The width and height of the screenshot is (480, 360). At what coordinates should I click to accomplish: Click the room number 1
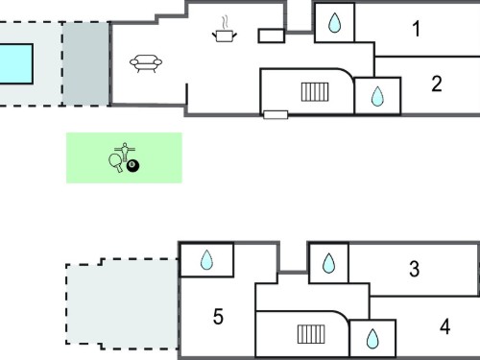click(417, 29)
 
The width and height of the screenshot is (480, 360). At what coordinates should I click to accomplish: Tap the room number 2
click(437, 84)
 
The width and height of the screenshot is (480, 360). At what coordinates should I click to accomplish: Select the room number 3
click(414, 269)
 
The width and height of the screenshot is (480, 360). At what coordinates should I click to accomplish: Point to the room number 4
click(445, 326)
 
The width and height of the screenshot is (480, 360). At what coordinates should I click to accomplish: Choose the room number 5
click(218, 317)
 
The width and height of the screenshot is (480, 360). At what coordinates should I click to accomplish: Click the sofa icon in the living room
click(146, 63)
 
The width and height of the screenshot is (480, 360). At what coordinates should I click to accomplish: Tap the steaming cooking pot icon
click(225, 29)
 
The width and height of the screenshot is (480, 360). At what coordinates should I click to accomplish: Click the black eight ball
click(132, 166)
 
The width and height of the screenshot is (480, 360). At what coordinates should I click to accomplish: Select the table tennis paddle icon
click(115, 162)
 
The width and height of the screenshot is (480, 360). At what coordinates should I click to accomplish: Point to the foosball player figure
click(125, 152)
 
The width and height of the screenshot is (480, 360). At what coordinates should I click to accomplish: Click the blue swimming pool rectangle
click(16, 64)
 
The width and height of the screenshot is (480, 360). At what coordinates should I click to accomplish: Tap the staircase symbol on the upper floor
click(315, 92)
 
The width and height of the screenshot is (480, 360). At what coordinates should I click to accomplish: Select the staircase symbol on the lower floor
click(311, 334)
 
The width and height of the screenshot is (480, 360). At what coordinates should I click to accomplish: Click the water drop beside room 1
click(335, 23)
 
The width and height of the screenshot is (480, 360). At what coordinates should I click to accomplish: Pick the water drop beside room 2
click(377, 96)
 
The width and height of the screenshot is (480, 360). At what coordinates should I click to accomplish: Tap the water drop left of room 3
click(328, 263)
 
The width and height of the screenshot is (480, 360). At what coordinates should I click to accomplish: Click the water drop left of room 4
click(372, 339)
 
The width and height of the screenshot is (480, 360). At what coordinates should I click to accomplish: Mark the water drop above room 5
click(206, 259)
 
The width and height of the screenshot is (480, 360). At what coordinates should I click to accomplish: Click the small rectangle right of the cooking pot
click(272, 36)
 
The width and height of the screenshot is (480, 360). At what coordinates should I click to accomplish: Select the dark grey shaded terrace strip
click(85, 63)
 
